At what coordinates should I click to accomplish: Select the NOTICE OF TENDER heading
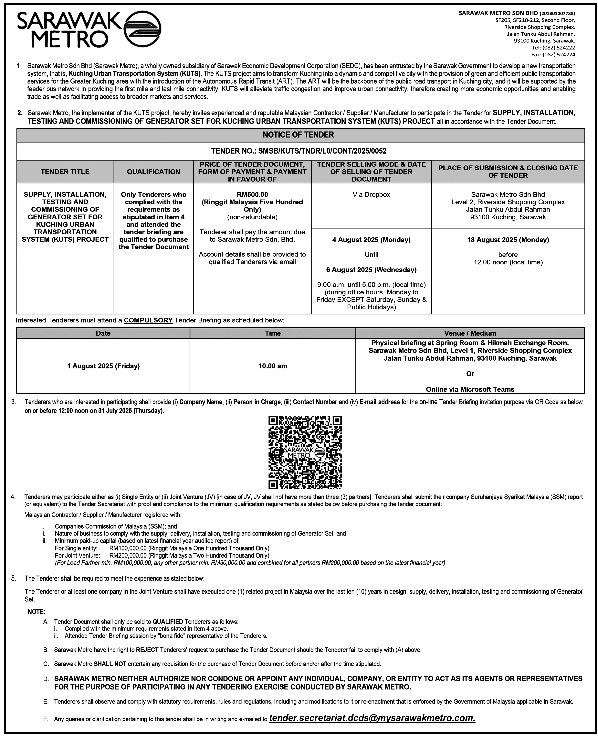[298, 135]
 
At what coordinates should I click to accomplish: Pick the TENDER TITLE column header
[65, 172]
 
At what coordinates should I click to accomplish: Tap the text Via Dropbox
[371, 194]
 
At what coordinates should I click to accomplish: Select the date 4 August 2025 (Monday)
[371, 240]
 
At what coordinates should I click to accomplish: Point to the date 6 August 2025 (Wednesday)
[371, 269]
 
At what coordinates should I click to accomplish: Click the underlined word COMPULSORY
[148, 320]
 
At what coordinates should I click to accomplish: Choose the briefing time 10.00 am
[273, 366]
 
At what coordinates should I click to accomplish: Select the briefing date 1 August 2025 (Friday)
[103, 366]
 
